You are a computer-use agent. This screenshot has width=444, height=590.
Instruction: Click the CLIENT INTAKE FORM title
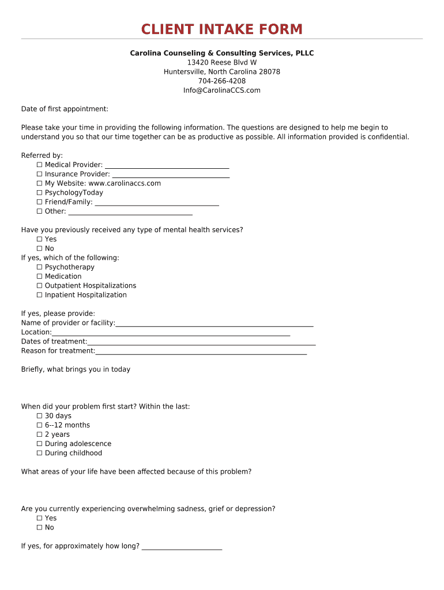pos(222,29)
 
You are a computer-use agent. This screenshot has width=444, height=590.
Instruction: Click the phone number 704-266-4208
pos(222,81)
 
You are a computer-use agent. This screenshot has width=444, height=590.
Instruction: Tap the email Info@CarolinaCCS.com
pos(222,90)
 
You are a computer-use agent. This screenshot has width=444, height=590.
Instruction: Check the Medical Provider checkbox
pos(40,165)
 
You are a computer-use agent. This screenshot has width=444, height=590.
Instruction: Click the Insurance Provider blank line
pos(171,175)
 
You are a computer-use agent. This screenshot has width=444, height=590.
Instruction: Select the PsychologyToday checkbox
pos(40,193)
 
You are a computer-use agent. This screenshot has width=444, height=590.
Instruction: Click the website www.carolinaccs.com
pos(125,184)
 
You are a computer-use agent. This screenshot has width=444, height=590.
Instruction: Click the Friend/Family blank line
pos(157,203)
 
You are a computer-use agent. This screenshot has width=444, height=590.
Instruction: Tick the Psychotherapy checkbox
pos(40,267)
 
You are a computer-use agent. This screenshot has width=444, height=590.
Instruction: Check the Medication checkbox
pos(40,277)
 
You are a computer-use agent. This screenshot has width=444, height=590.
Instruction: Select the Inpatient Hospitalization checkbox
pos(40,295)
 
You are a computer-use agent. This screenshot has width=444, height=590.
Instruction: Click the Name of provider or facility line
pos(215,324)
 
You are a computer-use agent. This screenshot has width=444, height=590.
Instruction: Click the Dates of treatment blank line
pos(202,342)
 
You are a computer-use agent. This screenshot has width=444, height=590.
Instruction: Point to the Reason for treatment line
pos(201,351)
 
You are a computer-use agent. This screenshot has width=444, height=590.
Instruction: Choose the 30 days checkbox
pos(40,416)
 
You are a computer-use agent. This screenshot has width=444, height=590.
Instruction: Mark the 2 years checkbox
pos(40,434)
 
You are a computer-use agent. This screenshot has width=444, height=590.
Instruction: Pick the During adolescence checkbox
pos(40,444)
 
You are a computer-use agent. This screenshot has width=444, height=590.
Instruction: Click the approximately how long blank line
pos(182,547)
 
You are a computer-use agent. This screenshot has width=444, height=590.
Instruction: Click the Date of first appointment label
pos(65,109)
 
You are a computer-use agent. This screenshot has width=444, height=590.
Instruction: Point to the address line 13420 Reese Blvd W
pos(222,63)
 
